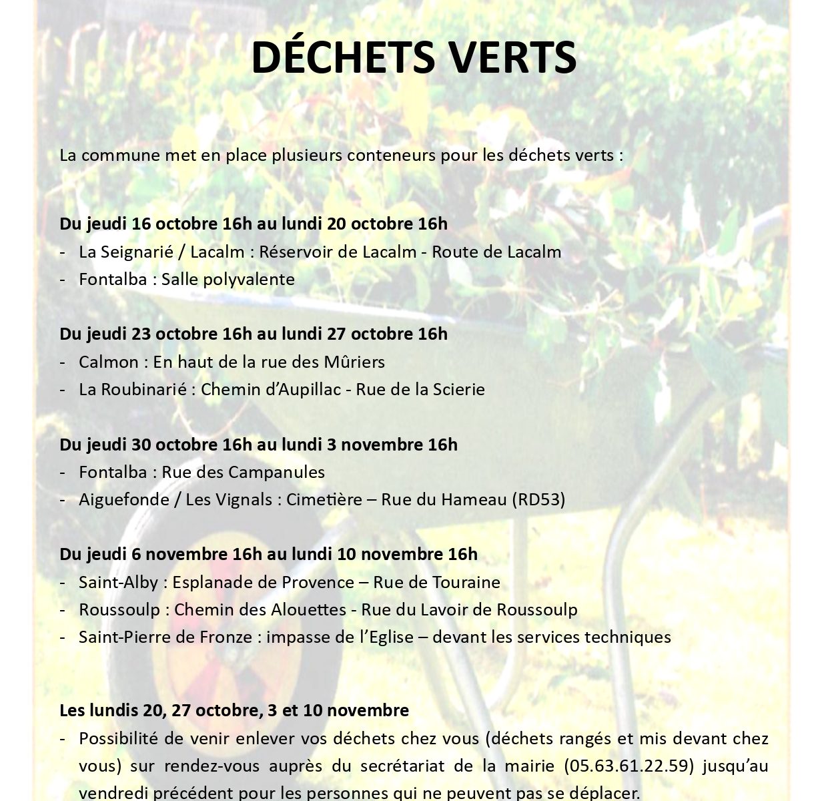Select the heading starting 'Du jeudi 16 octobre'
click(254, 224)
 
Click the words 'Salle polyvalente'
click(228, 279)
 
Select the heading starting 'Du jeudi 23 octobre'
click(254, 334)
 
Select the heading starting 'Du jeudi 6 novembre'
click(268, 554)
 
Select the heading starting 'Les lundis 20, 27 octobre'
click(234, 710)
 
